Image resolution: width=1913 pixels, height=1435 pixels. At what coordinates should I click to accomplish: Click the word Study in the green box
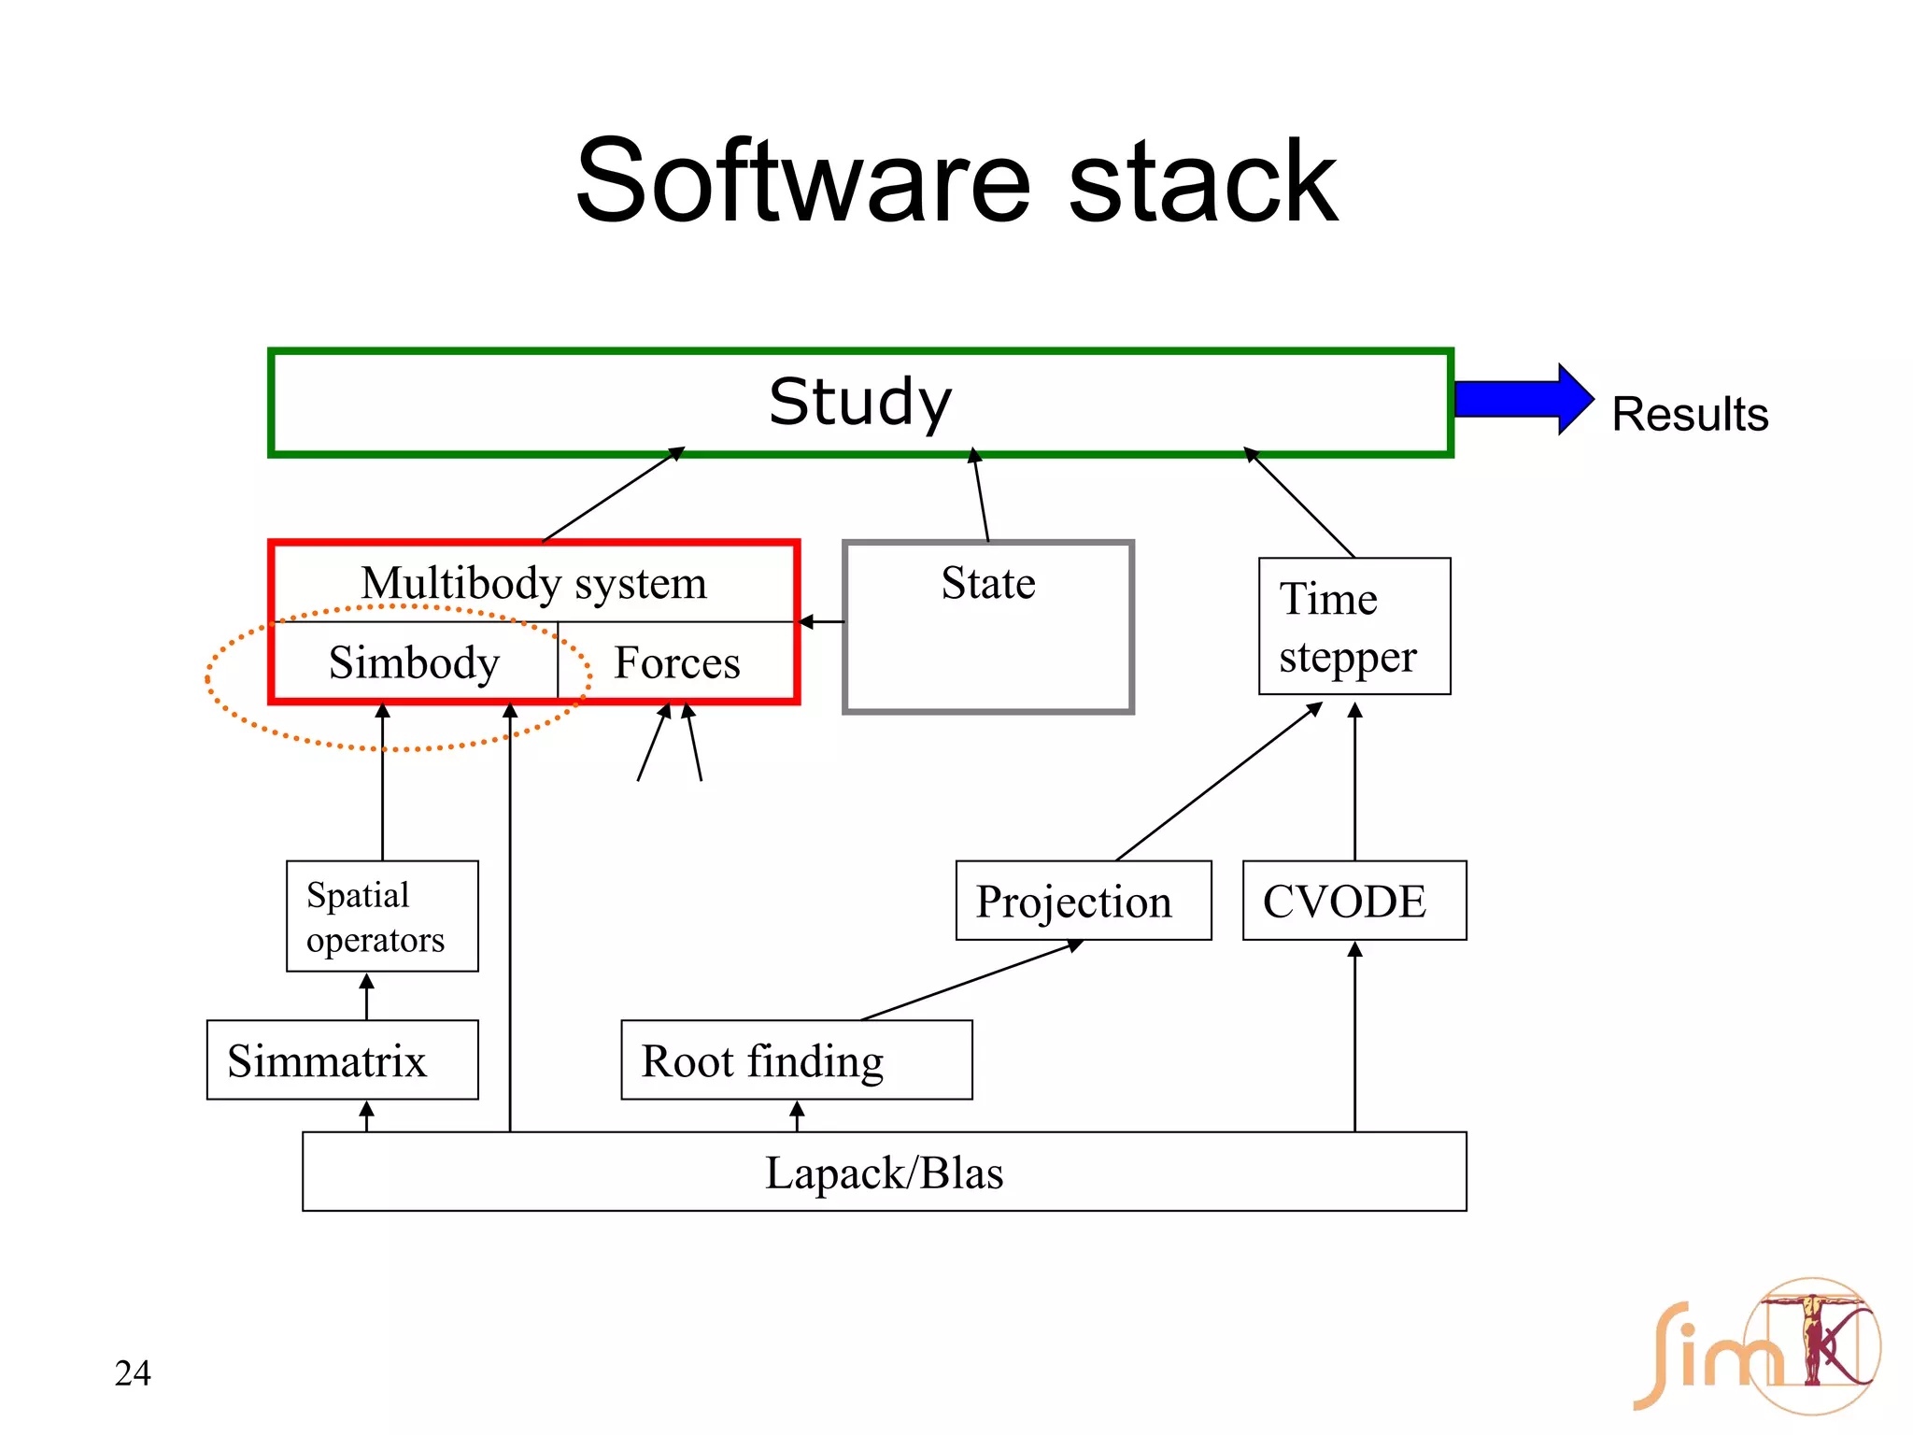pyautogui.click(x=859, y=402)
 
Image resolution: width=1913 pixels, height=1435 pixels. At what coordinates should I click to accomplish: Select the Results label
pyautogui.click(x=1690, y=414)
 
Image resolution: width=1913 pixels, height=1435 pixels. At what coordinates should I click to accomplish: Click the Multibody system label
pyautogui.click(x=533, y=583)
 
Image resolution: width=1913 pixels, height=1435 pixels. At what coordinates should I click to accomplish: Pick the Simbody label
pyautogui.click(x=414, y=662)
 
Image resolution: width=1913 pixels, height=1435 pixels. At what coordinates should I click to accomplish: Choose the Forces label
pyautogui.click(x=676, y=662)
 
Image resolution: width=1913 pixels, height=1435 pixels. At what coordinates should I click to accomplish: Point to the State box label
pyautogui.click(x=988, y=583)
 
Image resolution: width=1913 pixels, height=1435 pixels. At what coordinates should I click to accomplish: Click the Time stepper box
pyautogui.click(x=1354, y=626)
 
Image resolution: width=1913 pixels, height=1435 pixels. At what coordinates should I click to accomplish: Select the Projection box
pyautogui.click(x=1084, y=901)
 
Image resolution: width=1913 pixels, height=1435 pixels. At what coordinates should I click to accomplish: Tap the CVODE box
pyautogui.click(x=1354, y=901)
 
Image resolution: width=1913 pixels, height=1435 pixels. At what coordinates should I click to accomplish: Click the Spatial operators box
pyautogui.click(x=382, y=916)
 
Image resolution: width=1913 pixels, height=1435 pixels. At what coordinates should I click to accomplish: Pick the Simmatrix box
pyautogui.click(x=342, y=1060)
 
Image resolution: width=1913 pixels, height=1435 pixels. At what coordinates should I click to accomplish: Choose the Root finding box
pyautogui.click(x=796, y=1060)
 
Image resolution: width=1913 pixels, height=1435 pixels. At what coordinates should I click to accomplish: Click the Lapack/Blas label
pyautogui.click(x=884, y=1172)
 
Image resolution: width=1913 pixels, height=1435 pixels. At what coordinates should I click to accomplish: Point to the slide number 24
pyautogui.click(x=133, y=1372)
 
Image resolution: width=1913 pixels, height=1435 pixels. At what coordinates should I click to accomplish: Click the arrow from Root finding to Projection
pyautogui.click(x=971, y=980)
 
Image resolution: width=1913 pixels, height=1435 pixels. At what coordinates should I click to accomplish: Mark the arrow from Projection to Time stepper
pyautogui.click(x=1219, y=781)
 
